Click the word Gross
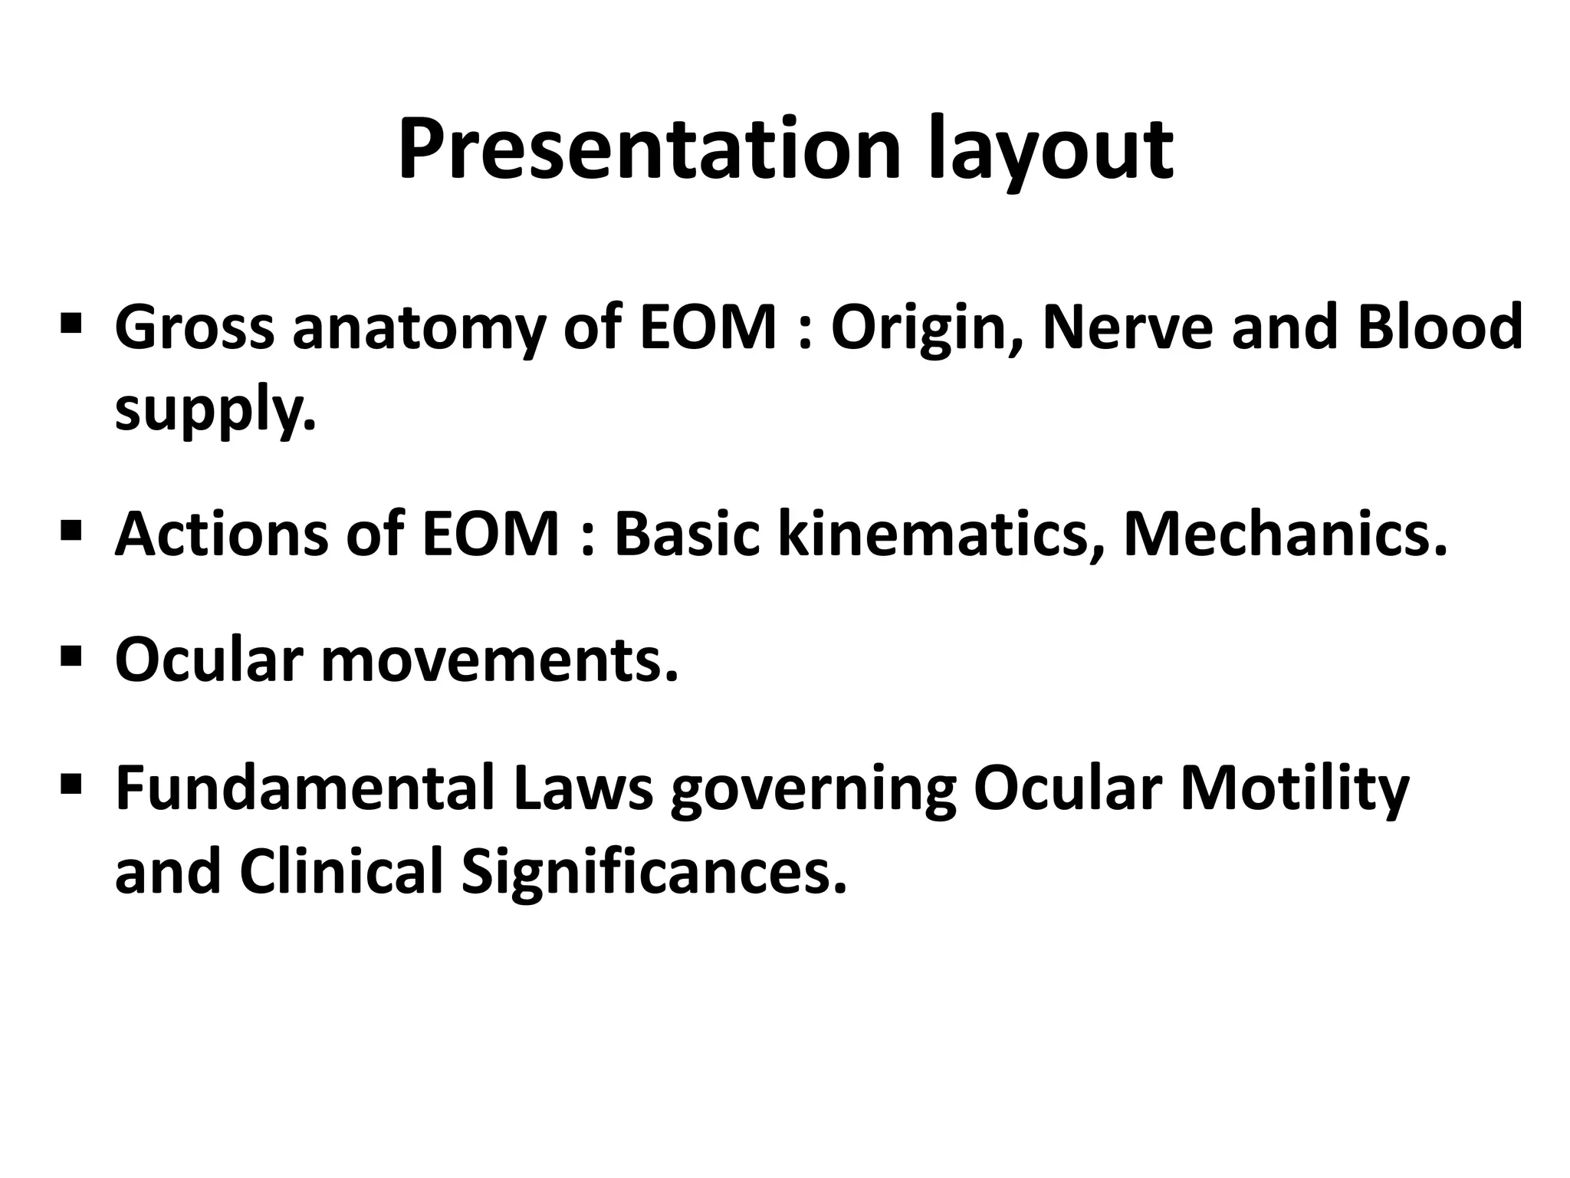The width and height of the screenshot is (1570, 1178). [x=195, y=327]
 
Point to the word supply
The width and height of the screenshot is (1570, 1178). [x=215, y=411]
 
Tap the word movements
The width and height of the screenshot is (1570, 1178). [x=499, y=660]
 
